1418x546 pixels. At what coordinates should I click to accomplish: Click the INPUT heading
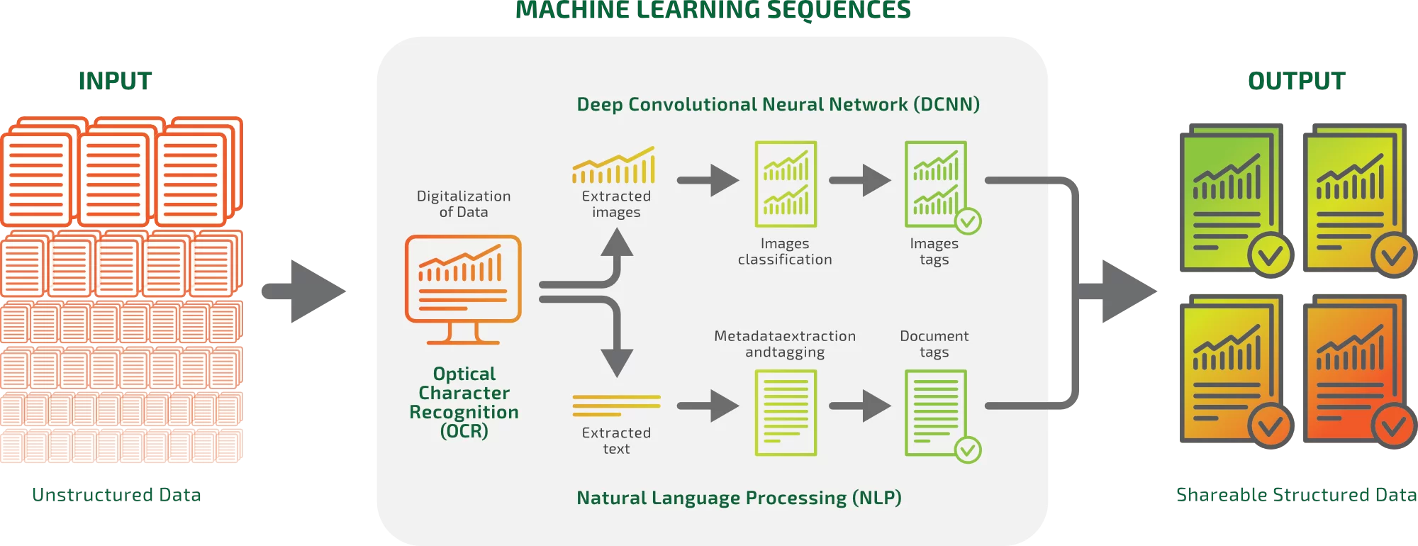pos(115,82)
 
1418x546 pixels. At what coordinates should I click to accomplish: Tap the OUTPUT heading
pos(1296,82)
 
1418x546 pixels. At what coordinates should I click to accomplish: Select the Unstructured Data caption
pos(116,494)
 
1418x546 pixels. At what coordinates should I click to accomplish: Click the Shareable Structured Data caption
pos(1296,494)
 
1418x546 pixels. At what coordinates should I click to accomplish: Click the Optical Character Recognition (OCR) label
pos(464,402)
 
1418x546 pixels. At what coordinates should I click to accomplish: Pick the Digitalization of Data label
pos(464,204)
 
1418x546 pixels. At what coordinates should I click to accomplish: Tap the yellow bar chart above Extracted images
pos(614,166)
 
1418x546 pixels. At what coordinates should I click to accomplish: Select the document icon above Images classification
pos(786,184)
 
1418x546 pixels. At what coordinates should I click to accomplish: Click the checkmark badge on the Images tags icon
pos(968,221)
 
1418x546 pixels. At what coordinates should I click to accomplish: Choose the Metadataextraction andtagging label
pos(785,344)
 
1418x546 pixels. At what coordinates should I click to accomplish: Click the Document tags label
pos(934,344)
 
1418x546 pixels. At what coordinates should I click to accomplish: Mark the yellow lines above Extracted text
pos(616,405)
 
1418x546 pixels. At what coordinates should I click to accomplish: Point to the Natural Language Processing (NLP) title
pos(739,498)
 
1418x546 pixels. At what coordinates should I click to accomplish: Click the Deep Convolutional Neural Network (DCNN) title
pos(778,104)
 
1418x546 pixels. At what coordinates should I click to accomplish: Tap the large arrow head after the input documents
pos(316,291)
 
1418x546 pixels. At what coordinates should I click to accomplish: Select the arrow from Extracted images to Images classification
pos(708,180)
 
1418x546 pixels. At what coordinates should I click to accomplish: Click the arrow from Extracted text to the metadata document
pos(708,406)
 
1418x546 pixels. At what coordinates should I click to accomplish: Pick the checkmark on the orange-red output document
pos(1393,425)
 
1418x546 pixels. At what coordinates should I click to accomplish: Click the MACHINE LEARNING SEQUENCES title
pos(713,11)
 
